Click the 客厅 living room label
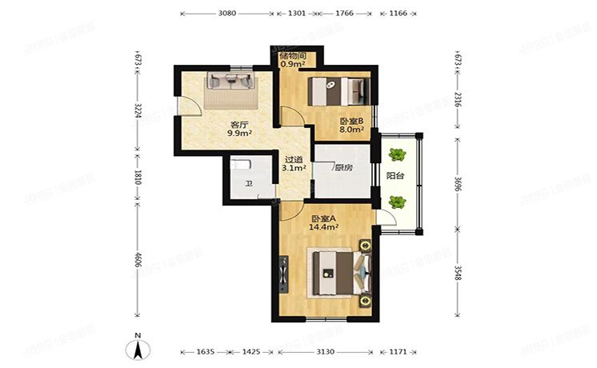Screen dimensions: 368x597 pos(237,124)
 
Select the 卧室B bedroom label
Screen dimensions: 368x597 pos(351,120)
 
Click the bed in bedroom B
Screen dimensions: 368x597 pos(337,90)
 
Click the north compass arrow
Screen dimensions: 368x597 pos(138,349)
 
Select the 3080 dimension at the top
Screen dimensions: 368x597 pos(228,14)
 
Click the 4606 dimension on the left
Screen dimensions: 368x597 pos(138,262)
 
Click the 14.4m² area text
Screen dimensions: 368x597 pos(324,227)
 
